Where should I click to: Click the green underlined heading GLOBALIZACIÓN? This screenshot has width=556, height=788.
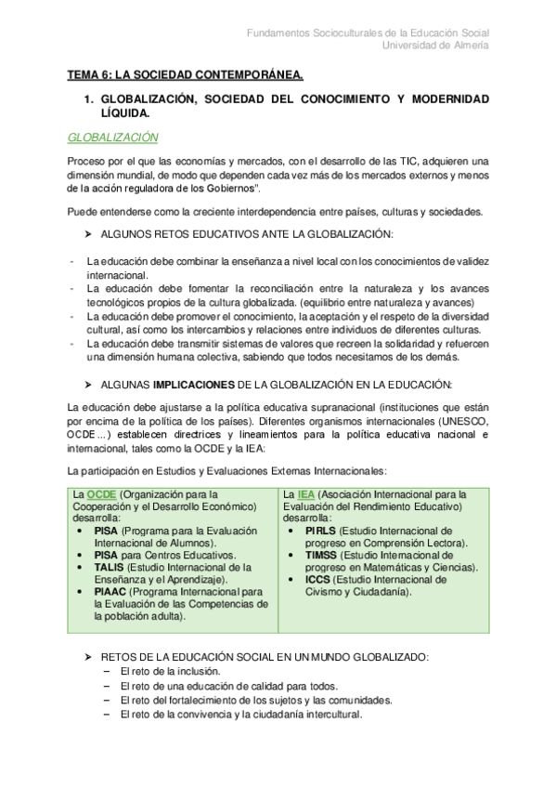coord(113,138)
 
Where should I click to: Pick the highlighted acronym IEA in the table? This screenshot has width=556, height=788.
coord(304,494)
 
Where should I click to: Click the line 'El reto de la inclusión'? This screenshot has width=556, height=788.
coord(170,671)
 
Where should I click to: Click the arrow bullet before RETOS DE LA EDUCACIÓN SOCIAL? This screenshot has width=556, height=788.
coord(88,656)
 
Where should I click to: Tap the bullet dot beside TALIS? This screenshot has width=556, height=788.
coord(84,567)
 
